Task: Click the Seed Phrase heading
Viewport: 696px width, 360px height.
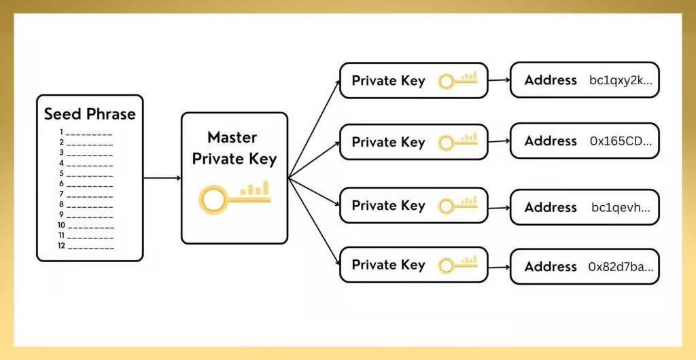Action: pyautogui.click(x=90, y=113)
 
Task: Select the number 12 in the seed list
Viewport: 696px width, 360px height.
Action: pyautogui.click(x=61, y=246)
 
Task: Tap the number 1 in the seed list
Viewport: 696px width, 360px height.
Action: pyautogui.click(x=61, y=132)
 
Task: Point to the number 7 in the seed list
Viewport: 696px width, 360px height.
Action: pyautogui.click(x=61, y=194)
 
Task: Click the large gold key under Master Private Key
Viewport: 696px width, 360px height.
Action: pyautogui.click(x=234, y=196)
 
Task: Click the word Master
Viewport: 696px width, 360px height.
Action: pyautogui.click(x=232, y=137)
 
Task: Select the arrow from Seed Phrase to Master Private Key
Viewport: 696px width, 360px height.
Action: pyautogui.click(x=162, y=178)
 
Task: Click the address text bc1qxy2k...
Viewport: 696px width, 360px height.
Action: pyautogui.click(x=621, y=80)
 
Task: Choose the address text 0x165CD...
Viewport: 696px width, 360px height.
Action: pyautogui.click(x=621, y=141)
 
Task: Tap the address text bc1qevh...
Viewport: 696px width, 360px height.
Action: pyautogui.click(x=621, y=207)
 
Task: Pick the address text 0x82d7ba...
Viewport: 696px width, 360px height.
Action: pyautogui.click(x=621, y=266)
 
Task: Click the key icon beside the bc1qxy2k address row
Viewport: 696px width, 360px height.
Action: pyautogui.click(x=457, y=81)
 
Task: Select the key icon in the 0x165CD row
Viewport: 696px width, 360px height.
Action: pyautogui.click(x=457, y=142)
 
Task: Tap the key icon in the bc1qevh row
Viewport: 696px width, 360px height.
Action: pyautogui.click(x=457, y=205)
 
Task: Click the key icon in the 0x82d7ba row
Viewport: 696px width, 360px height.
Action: pyautogui.click(x=457, y=264)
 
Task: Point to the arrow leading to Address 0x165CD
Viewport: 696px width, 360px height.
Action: pyautogui.click(x=499, y=141)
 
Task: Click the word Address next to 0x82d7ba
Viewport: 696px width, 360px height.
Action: pyautogui.click(x=551, y=266)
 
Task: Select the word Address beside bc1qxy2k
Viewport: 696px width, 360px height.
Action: pyautogui.click(x=551, y=80)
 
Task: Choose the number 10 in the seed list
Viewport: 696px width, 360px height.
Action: pyautogui.click(x=61, y=226)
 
